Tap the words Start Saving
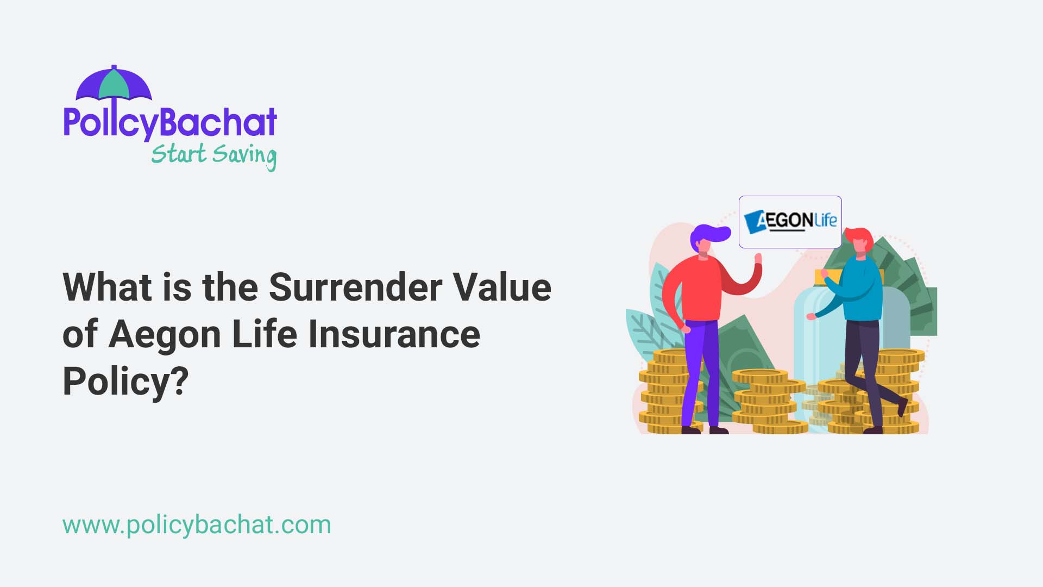pos(213,155)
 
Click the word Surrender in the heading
pos(355,287)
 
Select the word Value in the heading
pos(502,287)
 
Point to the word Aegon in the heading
pos(165,334)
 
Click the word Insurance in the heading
pos(394,334)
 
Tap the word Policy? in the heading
pos(125,381)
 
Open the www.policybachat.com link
pos(197,524)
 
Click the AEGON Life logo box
pos(790,222)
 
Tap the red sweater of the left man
pos(701,288)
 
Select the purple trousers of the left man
pos(701,370)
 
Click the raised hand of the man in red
pos(758,259)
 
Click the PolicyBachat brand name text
pos(170,123)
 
